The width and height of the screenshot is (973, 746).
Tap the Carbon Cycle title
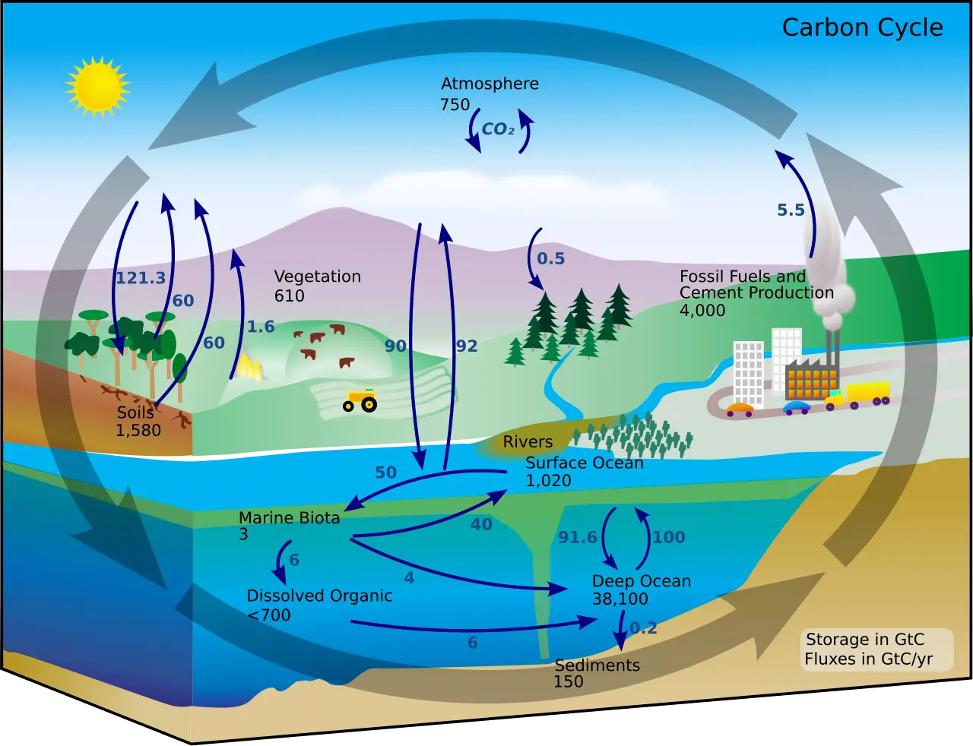pos(862,28)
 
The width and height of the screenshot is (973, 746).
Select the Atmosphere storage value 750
pos(455,105)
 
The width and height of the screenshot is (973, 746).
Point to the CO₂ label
pos(498,129)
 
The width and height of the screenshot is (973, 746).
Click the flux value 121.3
pos(141,278)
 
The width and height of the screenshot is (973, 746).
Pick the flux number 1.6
pos(261,327)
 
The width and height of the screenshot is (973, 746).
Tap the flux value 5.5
pos(791,210)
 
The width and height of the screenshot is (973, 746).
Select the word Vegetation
pos(317,277)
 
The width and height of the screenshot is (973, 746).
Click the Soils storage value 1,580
pos(138,431)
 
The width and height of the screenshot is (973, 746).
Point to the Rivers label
pos(528,442)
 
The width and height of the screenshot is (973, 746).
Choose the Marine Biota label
pos(289,518)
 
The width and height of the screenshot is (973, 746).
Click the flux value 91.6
pos(578,538)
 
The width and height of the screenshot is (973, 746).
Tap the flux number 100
pos(669,538)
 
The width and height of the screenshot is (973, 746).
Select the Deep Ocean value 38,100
pos(620,599)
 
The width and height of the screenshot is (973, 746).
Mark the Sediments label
pos(597,665)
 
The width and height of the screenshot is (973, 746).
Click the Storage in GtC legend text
pos(865,640)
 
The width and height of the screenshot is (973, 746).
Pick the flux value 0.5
pos(550,259)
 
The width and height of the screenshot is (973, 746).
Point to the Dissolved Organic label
pos(319,596)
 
